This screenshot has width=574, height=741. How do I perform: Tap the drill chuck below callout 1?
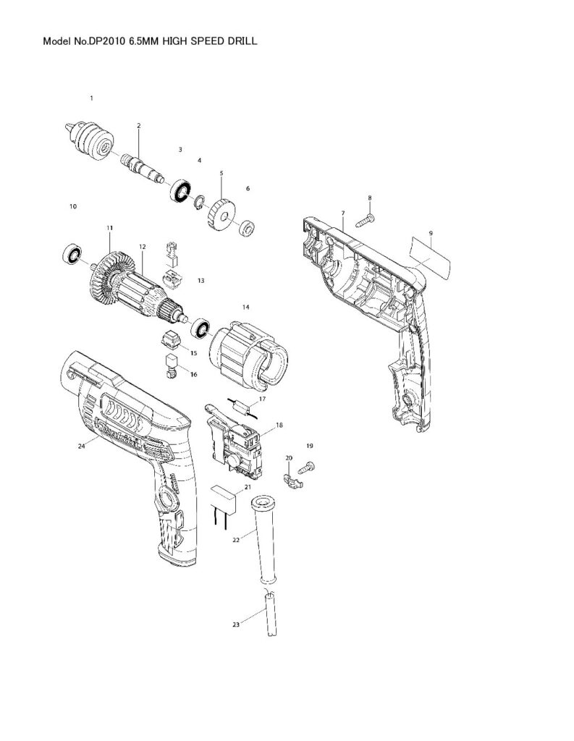click(90, 139)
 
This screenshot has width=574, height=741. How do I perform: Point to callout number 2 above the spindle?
click(138, 125)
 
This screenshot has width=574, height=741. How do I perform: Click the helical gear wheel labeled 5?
click(221, 206)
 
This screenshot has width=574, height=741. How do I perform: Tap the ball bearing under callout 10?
click(71, 254)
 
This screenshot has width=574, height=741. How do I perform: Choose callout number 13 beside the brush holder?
click(201, 280)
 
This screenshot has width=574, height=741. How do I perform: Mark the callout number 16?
click(193, 374)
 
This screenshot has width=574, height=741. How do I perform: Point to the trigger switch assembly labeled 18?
click(235, 444)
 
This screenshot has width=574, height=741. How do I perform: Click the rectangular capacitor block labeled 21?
click(223, 499)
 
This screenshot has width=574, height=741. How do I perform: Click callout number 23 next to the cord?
click(236, 624)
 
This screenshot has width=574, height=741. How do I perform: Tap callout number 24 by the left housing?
click(81, 447)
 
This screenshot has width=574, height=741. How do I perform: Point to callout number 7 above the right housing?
click(343, 213)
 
